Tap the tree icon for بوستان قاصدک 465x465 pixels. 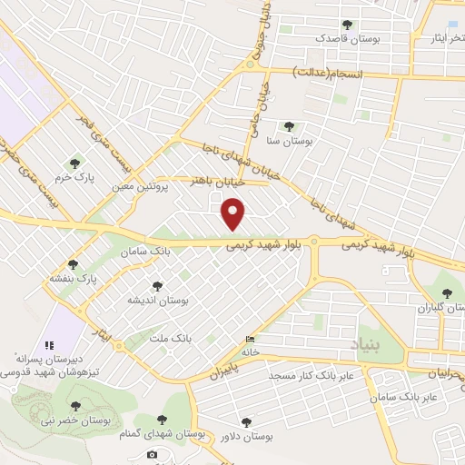[x=345, y=25]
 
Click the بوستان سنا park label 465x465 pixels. [x=285, y=142]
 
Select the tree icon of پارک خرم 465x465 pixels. [x=74, y=163]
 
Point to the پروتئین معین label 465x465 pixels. [x=141, y=186]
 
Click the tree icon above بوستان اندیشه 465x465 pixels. [x=158, y=285]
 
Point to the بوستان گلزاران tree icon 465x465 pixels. [x=445, y=292]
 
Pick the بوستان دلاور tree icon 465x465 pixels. [x=244, y=421]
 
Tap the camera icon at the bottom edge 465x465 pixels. [x=152, y=454]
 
